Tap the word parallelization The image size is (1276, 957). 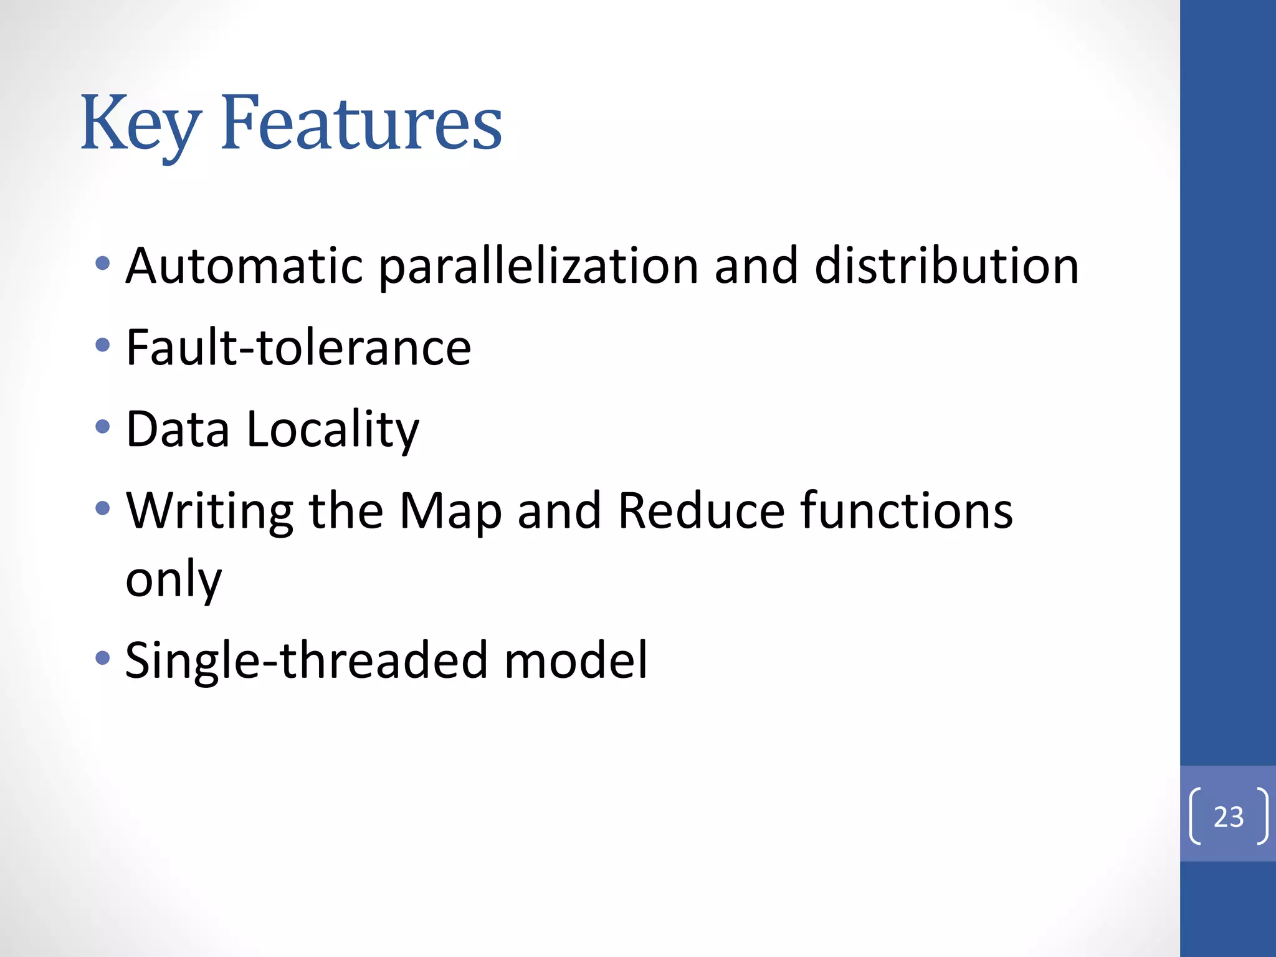538,266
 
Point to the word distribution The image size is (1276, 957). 946,266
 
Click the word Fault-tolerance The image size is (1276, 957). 298,347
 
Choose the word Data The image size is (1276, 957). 178,429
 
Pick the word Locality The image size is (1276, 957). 333,429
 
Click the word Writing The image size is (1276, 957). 209,511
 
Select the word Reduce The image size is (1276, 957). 701,511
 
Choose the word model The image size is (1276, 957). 576,660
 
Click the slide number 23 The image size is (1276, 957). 1228,816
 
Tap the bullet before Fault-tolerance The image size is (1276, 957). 103,345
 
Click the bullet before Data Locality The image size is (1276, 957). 103,427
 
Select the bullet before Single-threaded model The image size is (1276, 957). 103,657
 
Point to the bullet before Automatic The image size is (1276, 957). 103,264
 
